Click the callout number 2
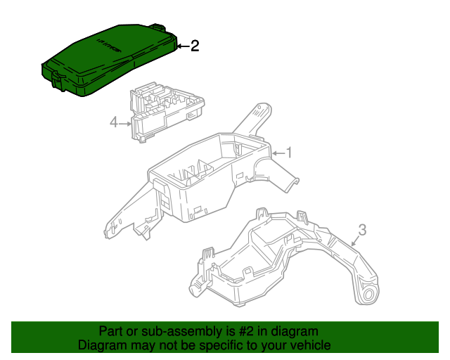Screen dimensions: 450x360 point(195,46)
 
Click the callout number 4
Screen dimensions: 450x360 point(114,122)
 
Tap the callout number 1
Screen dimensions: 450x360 point(289,153)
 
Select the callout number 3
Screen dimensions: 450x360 point(363,230)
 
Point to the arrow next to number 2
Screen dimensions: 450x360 point(183,46)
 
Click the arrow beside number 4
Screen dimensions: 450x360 point(125,124)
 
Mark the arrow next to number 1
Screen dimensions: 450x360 point(278,153)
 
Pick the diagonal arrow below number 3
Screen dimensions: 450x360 point(356,240)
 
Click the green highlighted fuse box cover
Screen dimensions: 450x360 point(109,59)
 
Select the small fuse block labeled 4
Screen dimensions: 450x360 point(167,112)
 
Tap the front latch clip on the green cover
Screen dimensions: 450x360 point(58,80)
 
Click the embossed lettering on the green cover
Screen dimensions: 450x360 point(108,46)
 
